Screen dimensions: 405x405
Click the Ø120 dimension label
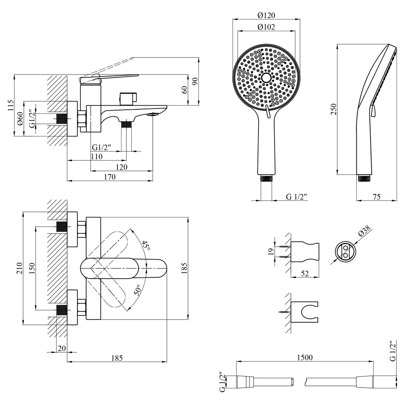(266, 15)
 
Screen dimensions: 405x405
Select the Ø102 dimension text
(266, 27)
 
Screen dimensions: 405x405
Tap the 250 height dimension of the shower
(334, 109)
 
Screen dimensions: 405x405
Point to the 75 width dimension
(377, 197)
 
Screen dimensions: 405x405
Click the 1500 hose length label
(305, 358)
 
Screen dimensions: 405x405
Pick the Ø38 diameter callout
(365, 230)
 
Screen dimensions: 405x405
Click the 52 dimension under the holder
(305, 273)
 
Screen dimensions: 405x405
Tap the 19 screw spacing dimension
(271, 252)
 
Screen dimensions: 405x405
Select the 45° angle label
(146, 245)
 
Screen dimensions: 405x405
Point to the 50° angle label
(137, 290)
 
